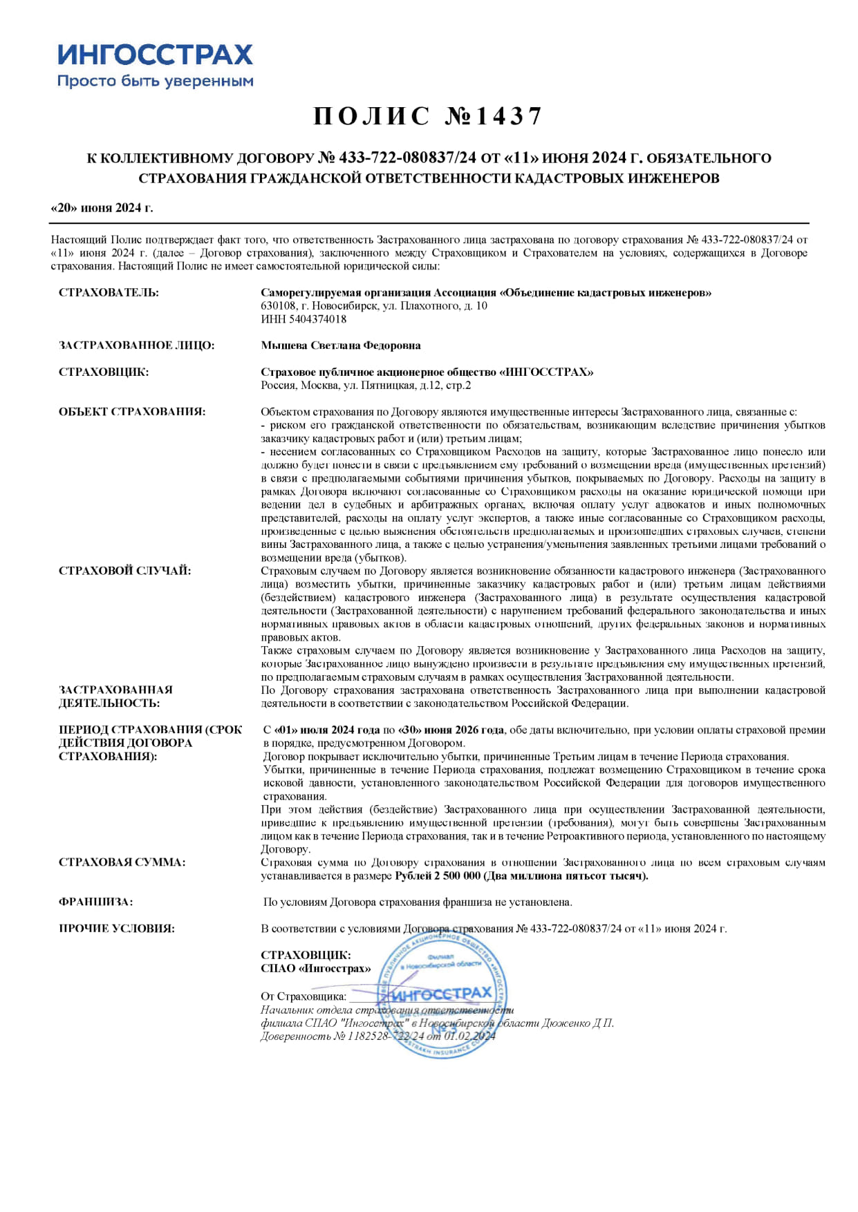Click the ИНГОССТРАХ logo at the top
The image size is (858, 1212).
tap(155, 54)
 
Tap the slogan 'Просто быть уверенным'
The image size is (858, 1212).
tap(155, 82)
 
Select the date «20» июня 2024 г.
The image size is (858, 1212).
tap(102, 208)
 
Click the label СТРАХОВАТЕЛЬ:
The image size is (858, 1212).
tap(109, 292)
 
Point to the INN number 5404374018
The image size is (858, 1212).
tap(304, 319)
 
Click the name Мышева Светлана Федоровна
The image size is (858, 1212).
tap(341, 345)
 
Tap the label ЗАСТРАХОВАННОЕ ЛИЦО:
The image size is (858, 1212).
tap(137, 345)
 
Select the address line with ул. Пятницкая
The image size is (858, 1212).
tap(366, 386)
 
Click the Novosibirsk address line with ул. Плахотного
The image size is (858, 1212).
tap(374, 305)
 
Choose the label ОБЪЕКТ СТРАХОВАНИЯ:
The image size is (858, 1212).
tap(132, 412)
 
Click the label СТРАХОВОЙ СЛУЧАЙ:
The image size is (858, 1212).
tap(125, 571)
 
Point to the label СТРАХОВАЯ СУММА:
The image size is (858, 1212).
tap(122, 862)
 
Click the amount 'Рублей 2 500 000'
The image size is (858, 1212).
tap(437, 876)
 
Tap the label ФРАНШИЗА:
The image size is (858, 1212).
tap(96, 902)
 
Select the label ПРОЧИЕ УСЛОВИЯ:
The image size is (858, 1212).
tap(117, 929)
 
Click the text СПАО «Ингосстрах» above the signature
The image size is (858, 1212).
tap(316, 968)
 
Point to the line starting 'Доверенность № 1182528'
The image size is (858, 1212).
tap(377, 1036)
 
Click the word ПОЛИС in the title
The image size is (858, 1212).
tap(372, 116)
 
